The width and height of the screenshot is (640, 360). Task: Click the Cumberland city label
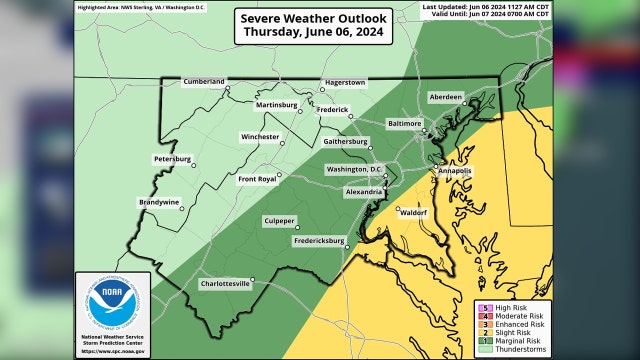click(x=203, y=80)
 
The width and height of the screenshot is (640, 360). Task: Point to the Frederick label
click(x=333, y=109)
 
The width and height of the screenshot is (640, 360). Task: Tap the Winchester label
click(x=261, y=137)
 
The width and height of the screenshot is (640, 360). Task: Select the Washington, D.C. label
click(x=348, y=169)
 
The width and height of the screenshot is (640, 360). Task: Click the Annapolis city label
click(x=455, y=171)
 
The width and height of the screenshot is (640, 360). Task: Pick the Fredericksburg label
click(x=319, y=241)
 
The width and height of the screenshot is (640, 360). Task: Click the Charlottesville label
click(x=225, y=283)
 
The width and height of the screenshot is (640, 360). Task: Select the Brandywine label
click(x=159, y=202)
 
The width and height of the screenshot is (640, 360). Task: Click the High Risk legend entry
click(x=513, y=306)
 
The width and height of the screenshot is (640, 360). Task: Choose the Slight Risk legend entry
click(x=514, y=333)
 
